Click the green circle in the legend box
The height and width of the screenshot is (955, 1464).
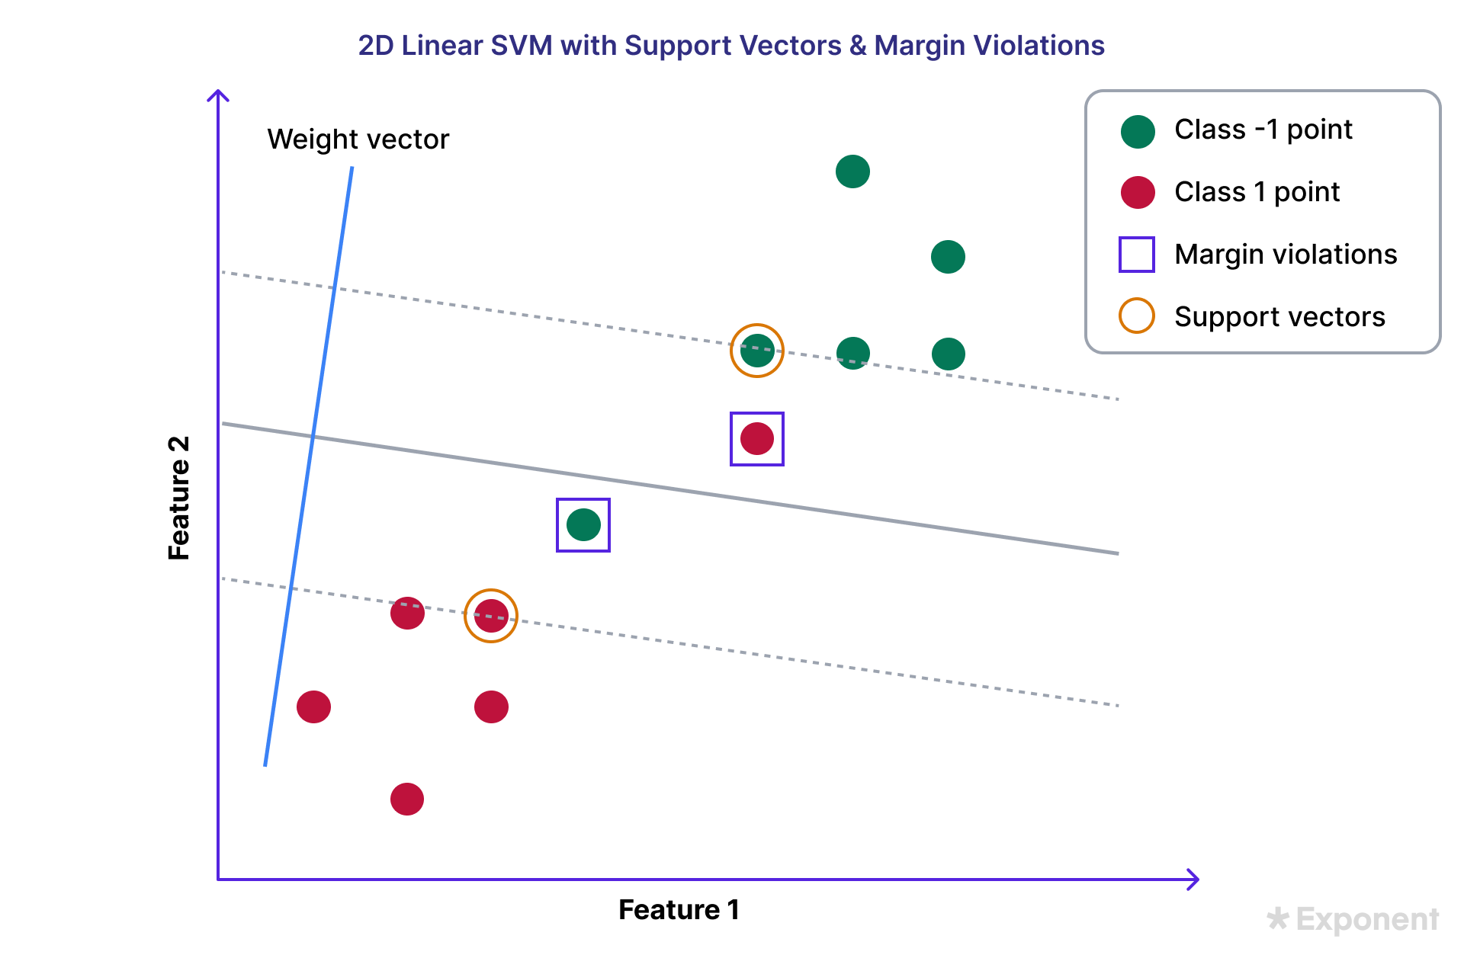pyautogui.click(x=1138, y=132)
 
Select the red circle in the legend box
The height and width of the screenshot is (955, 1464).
pyautogui.click(x=1138, y=192)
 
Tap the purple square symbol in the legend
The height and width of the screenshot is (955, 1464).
pyautogui.click(x=1136, y=255)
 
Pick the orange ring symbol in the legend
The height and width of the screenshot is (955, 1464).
pyautogui.click(x=1136, y=316)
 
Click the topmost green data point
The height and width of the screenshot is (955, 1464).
pyautogui.click(x=852, y=171)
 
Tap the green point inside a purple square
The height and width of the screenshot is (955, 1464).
pyautogui.click(x=583, y=525)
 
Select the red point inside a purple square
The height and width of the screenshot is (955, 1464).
pyautogui.click(x=757, y=439)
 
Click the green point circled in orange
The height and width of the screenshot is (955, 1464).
pyautogui.click(x=757, y=351)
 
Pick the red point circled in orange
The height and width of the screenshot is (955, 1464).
pyautogui.click(x=491, y=616)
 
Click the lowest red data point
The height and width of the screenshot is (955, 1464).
pyautogui.click(x=407, y=800)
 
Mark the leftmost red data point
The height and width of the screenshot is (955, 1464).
pyautogui.click(x=313, y=707)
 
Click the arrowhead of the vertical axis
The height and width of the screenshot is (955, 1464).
pyautogui.click(x=218, y=94)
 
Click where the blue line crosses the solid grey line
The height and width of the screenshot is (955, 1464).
pyautogui.click(x=313, y=436)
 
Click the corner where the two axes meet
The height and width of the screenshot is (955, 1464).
pyautogui.click(x=218, y=880)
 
